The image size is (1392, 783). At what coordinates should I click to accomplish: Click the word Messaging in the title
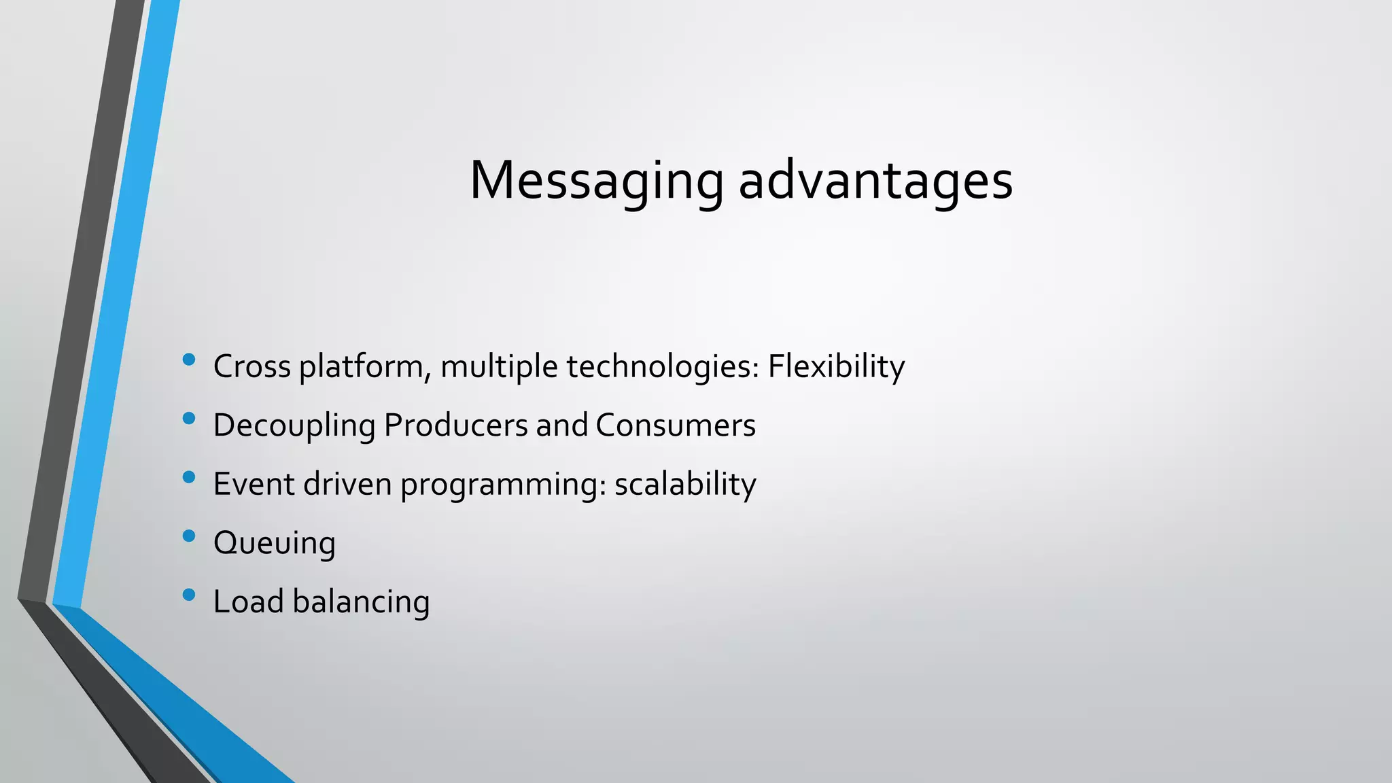(x=596, y=181)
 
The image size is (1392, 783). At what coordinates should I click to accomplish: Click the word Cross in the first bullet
(x=251, y=366)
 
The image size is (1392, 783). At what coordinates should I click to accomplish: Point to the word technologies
(x=663, y=366)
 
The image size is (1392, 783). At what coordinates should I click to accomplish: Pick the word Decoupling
(x=294, y=425)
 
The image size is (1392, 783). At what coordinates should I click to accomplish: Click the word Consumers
(x=676, y=425)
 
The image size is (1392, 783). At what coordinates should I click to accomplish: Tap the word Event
(x=254, y=484)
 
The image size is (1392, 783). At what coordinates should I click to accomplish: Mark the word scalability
(x=685, y=484)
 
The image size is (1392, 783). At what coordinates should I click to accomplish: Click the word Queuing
(x=275, y=543)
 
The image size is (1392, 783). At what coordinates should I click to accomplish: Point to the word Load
(x=248, y=602)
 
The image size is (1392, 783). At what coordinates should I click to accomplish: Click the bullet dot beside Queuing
(x=189, y=536)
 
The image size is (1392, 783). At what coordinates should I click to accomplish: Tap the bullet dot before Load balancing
(x=189, y=595)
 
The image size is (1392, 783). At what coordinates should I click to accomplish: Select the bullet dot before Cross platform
(x=189, y=360)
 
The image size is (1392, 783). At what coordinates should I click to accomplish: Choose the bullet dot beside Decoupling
(x=189, y=419)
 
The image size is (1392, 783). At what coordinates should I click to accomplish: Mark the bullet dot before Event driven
(x=189, y=477)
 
